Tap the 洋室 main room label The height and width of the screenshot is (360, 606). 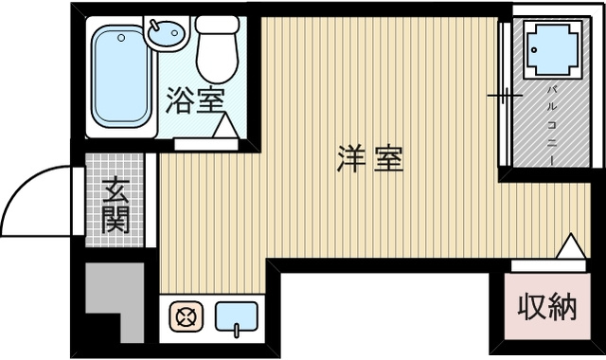(369, 159)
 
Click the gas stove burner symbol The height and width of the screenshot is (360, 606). (186, 317)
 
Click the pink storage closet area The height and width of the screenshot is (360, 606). (546, 313)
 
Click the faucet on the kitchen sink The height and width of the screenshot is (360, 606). (237, 329)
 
